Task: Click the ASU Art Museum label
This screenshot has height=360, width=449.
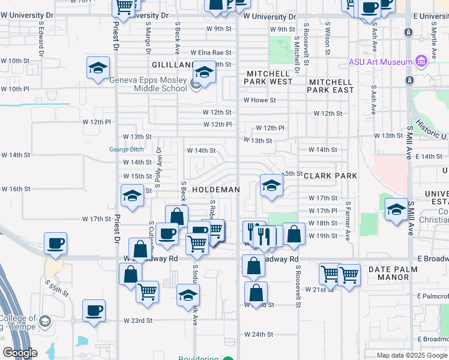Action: coord(381,62)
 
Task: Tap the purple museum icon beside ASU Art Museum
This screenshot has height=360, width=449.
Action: coord(420,61)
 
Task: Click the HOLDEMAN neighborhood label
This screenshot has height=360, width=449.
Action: coord(216,190)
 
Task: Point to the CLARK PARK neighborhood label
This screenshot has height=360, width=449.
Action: coord(330,176)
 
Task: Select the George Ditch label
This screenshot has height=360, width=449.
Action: coord(127,150)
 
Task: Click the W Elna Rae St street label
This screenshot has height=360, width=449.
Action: coord(211,53)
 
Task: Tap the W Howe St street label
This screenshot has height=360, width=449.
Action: coord(259,101)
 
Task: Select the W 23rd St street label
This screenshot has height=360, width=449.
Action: coord(138,321)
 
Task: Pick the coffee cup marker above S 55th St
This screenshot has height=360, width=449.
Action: coord(55,243)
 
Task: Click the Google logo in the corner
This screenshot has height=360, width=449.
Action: coord(20,353)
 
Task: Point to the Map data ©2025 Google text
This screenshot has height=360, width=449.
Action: coord(412,355)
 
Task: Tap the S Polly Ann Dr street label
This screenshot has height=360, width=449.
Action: coord(158,165)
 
